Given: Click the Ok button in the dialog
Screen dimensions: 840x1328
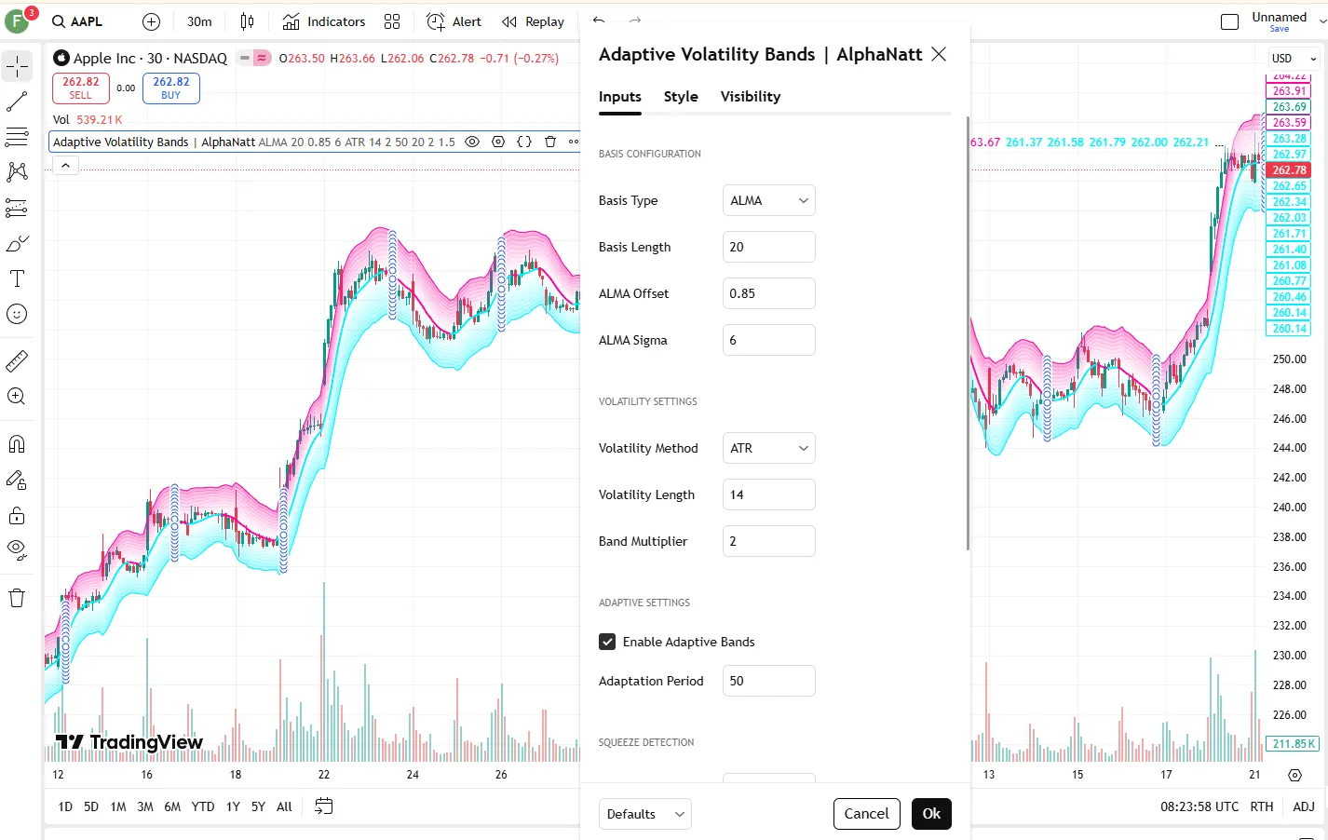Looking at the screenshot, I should pyautogui.click(x=931, y=814).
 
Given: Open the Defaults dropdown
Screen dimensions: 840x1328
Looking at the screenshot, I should pyautogui.click(x=645, y=814).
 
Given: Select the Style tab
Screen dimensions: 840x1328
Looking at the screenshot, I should pyautogui.click(x=681, y=97).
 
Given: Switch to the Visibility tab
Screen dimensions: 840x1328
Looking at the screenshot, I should pyautogui.click(x=750, y=97).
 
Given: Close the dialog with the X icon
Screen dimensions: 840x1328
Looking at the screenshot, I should pyautogui.click(x=939, y=54).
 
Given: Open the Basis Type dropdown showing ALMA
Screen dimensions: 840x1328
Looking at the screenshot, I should pyautogui.click(x=768, y=200).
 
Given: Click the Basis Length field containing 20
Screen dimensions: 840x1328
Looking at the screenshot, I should pyautogui.click(x=768, y=247).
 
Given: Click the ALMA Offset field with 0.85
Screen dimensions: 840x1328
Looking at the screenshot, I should pyautogui.click(x=768, y=293).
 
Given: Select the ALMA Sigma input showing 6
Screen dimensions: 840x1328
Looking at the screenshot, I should pyautogui.click(x=768, y=340).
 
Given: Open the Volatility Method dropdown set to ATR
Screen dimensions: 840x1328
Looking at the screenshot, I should pyautogui.click(x=768, y=448).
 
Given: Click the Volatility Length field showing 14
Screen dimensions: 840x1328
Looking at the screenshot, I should pyautogui.click(x=768, y=495).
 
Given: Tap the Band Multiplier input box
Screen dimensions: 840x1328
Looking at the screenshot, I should pyautogui.click(x=768, y=541).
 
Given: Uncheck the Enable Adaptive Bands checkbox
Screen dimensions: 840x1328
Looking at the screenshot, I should pyautogui.click(x=607, y=642).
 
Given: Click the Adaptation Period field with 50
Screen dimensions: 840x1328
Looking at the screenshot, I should pyautogui.click(x=768, y=681).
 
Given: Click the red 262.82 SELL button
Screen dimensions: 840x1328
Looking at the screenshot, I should pyautogui.click(x=81, y=88).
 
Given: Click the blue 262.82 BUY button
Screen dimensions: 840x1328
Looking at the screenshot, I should pyautogui.click(x=171, y=88).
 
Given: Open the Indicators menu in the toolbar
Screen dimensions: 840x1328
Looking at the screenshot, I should pyautogui.click(x=324, y=21).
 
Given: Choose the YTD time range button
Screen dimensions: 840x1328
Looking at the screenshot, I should pyautogui.click(x=202, y=806).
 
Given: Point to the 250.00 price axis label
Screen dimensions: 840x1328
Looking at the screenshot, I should pyautogui.click(x=1289, y=359).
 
